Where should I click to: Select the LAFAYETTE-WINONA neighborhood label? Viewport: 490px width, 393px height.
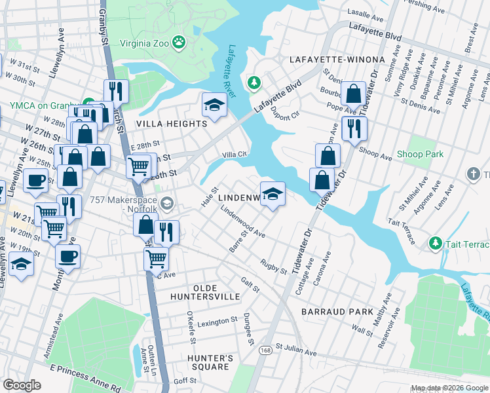point(337,60)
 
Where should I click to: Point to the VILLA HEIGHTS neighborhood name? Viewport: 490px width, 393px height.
point(171,123)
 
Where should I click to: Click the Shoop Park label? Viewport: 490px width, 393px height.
point(420,155)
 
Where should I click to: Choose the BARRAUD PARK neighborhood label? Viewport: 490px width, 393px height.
point(337,312)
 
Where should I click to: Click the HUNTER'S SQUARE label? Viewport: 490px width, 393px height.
point(210,363)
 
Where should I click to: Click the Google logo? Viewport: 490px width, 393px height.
point(22,385)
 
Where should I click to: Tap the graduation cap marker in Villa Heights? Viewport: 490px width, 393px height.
point(214,105)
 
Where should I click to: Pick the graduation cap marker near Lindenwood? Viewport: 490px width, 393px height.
point(273,194)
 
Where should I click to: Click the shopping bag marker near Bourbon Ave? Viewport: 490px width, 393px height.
point(354,95)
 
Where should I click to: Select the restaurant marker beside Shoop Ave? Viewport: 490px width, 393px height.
point(354,128)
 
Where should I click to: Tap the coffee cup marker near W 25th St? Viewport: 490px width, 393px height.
point(36,180)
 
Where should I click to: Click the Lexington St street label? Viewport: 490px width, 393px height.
point(217,322)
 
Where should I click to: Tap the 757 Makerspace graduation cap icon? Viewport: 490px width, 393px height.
point(167,204)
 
